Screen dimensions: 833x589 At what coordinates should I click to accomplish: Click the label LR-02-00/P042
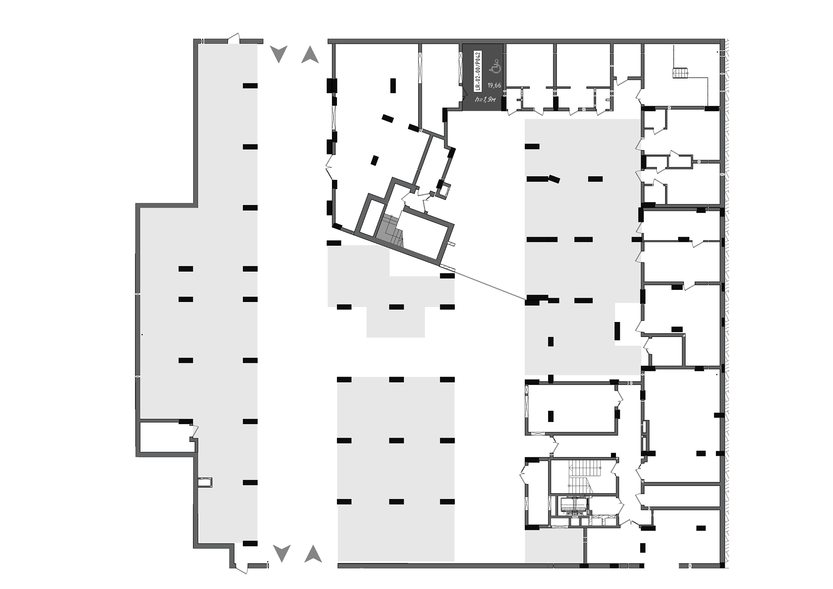tap(478, 71)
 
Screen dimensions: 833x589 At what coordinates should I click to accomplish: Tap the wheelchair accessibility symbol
tap(495, 66)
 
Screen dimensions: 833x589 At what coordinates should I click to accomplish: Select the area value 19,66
tap(494, 85)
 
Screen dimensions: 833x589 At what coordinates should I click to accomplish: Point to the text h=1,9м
tap(485, 99)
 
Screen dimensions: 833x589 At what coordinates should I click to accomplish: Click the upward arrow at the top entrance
tap(310, 54)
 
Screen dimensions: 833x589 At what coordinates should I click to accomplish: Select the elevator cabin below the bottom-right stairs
tap(574, 505)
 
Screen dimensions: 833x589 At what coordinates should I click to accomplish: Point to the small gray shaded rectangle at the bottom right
tap(554, 546)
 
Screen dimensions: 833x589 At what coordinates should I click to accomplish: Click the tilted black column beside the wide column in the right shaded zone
tap(554, 179)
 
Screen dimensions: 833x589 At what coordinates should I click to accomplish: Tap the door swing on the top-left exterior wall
tap(234, 38)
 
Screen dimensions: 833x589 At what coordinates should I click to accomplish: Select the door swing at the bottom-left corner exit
tap(242, 568)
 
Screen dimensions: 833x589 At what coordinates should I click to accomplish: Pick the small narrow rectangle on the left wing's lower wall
tap(205, 482)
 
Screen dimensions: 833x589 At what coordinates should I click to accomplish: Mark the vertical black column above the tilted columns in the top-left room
tap(393, 85)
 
